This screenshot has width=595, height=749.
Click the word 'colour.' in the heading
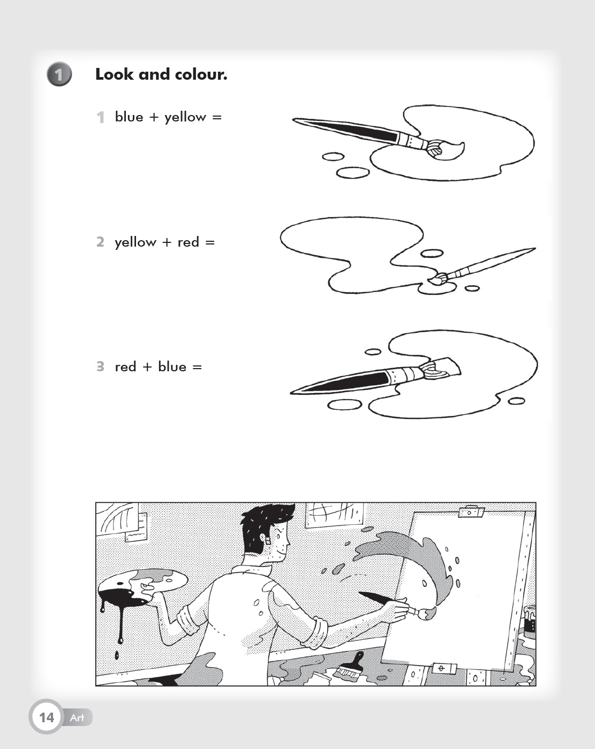pyautogui.click(x=201, y=74)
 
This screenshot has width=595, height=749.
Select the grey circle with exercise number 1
pyautogui.click(x=59, y=74)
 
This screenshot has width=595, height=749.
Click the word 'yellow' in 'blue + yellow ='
pyautogui.click(x=185, y=118)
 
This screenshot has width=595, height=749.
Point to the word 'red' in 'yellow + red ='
pyautogui.click(x=188, y=242)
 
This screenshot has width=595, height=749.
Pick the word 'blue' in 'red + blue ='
pyautogui.click(x=172, y=366)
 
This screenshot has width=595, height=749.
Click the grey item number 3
pyautogui.click(x=100, y=366)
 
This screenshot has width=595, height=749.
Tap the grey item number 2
pyautogui.click(x=100, y=242)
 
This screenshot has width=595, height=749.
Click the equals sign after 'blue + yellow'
pyautogui.click(x=217, y=118)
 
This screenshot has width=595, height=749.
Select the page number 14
pyautogui.click(x=47, y=717)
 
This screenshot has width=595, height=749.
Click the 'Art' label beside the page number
pyautogui.click(x=77, y=717)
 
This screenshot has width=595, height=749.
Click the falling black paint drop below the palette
pyautogui.click(x=117, y=655)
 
